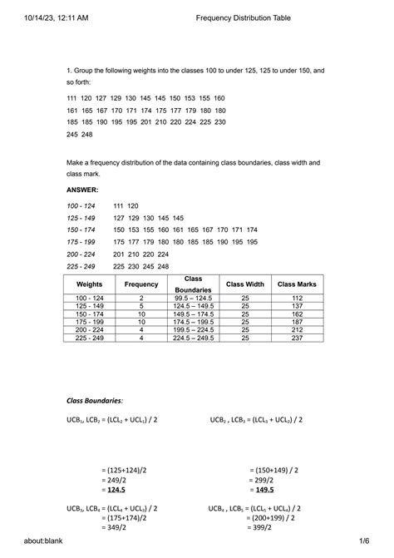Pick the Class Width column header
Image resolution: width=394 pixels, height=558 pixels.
click(245, 284)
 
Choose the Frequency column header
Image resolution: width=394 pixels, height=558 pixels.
click(141, 284)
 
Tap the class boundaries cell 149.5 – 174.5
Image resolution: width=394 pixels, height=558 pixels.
click(193, 314)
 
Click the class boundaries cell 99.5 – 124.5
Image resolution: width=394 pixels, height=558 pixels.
click(193, 297)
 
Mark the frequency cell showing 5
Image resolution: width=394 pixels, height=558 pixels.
click(141, 305)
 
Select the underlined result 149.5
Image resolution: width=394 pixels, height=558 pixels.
click(265, 491)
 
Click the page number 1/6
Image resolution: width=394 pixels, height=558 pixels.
click(363, 541)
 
